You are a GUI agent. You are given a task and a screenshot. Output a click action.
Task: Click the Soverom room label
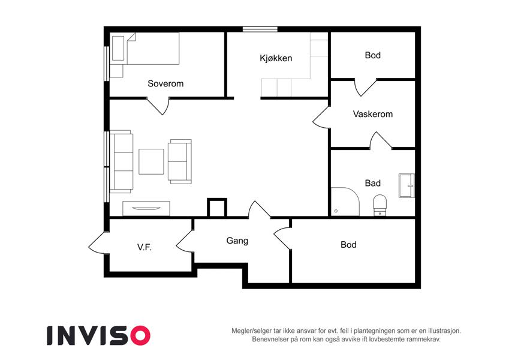pos(165,83)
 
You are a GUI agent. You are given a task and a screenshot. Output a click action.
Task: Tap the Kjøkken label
pos(276,58)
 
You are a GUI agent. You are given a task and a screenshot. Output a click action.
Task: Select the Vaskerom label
pos(373,114)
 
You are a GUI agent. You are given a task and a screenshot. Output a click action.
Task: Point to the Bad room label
pos(373,183)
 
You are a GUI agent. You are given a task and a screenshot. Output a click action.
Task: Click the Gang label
pos(237,241)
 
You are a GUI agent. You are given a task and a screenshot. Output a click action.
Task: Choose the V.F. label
pos(144,248)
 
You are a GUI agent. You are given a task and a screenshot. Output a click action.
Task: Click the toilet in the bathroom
pos(380,205)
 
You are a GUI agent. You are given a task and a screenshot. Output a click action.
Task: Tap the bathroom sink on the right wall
pos(406,185)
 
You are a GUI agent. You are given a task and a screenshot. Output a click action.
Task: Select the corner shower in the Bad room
pos(345,202)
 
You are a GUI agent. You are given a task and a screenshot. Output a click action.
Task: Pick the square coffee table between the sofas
pos(151,161)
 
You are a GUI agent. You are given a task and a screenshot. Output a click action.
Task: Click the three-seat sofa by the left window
pos(122,162)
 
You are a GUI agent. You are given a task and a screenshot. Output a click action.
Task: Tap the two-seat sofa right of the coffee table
pos(179,161)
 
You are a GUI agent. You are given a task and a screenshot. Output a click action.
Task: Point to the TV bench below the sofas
pos(146,208)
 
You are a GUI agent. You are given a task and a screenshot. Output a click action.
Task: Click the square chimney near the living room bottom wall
pos(217,208)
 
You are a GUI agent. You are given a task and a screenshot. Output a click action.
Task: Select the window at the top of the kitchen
pos(260,29)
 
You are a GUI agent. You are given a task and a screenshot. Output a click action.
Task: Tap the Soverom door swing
pos(158,106)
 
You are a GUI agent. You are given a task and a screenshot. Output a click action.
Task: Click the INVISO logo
pos(99,335)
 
